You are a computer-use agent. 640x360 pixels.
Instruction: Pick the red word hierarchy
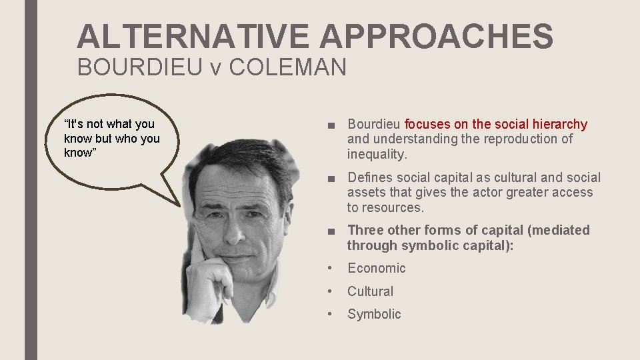click(561, 124)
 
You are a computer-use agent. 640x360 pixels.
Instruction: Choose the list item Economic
click(376, 268)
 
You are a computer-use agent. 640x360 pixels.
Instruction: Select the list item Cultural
click(371, 291)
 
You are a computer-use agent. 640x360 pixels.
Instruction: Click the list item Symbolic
click(374, 314)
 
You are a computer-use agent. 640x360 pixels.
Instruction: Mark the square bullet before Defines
click(332, 178)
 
